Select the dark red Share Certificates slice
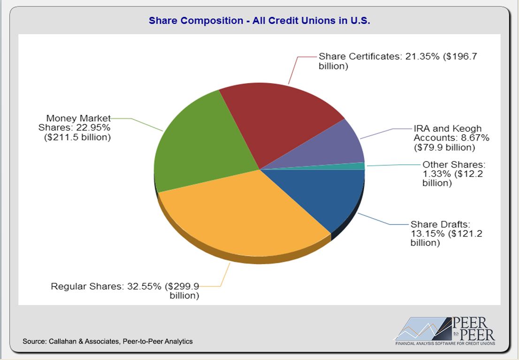277,117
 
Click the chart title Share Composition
259,21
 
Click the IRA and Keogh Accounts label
446,138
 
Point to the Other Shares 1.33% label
453,174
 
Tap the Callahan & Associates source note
107,341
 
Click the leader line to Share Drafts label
380,221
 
